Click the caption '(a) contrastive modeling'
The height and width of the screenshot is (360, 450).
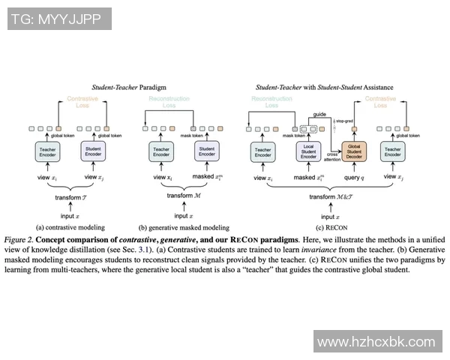(x=70, y=226)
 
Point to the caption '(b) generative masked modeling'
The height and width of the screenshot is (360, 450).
(x=184, y=226)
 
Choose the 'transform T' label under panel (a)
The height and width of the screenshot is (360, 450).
(x=70, y=197)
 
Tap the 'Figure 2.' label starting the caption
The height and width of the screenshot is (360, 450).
(x=20, y=239)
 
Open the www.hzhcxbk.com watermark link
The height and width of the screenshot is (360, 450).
(x=376, y=341)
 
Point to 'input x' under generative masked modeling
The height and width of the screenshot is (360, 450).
(x=184, y=215)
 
